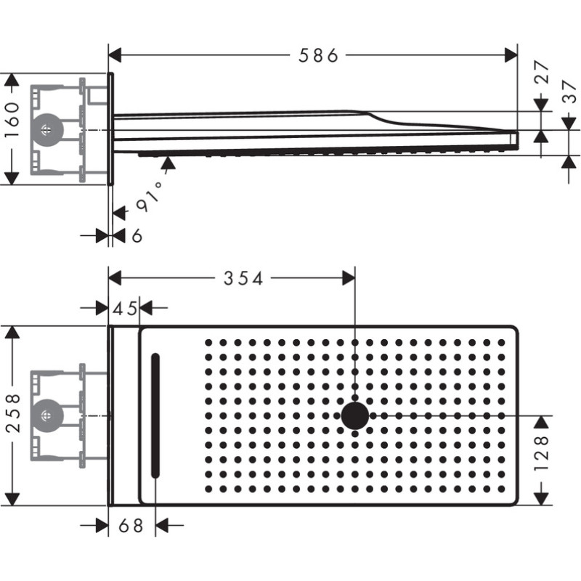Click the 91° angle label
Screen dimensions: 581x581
click(x=149, y=198)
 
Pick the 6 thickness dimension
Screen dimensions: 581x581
click(x=137, y=235)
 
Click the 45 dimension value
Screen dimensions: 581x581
click(x=125, y=309)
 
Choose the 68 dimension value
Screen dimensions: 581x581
click(x=131, y=525)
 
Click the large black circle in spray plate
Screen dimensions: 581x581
click(x=355, y=416)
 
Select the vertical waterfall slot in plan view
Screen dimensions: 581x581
click(x=155, y=415)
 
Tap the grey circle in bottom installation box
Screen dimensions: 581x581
click(x=47, y=416)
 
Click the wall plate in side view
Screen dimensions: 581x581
click(x=110, y=129)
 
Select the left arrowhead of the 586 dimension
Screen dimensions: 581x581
click(x=114, y=55)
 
